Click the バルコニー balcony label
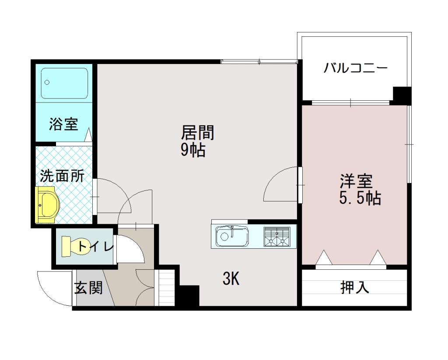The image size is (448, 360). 355,69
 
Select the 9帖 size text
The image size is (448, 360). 193,150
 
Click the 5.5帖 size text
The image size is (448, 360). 360,198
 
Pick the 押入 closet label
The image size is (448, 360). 355,287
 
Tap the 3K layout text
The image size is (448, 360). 231,279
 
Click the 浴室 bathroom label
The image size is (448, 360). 64,124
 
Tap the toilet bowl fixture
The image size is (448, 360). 73,246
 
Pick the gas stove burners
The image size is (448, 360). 277,237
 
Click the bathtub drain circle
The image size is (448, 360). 47,82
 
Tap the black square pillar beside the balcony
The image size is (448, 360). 401,95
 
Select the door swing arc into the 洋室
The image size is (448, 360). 280,184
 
